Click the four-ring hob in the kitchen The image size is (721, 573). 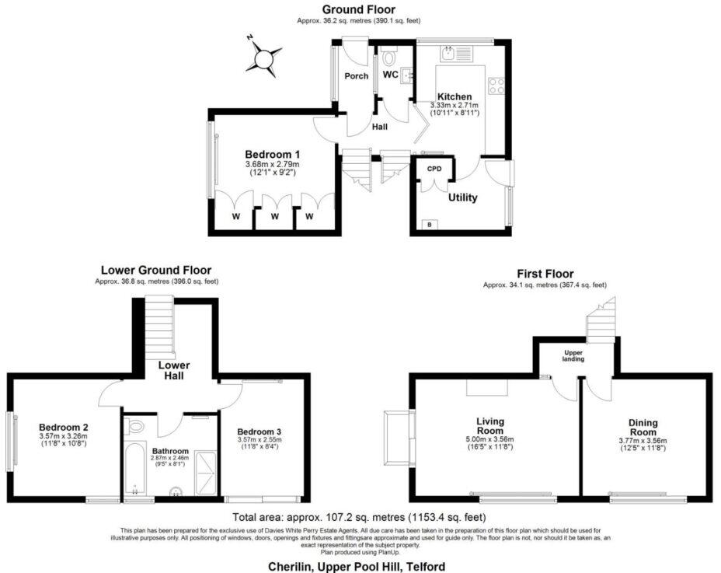(496, 86)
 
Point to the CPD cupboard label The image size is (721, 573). (434, 169)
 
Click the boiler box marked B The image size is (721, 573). (430, 225)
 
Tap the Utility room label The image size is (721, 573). (462, 197)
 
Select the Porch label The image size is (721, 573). (357, 76)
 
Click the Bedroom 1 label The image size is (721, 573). (272, 155)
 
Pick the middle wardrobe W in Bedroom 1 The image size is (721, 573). (274, 216)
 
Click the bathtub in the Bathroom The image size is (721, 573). (134, 469)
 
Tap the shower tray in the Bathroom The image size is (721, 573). (205, 473)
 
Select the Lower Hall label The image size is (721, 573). (174, 371)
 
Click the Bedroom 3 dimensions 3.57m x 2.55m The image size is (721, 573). (259, 439)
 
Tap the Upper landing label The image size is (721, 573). (573, 356)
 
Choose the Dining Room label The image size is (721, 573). (643, 428)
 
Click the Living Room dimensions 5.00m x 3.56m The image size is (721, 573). (489, 439)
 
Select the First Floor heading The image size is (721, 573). (545, 274)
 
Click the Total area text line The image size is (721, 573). (359, 517)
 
